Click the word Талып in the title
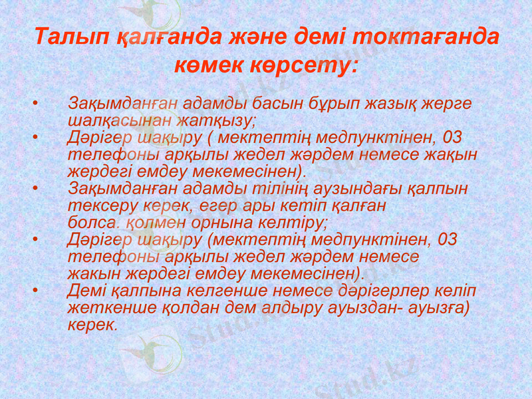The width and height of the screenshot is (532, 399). pos(66,37)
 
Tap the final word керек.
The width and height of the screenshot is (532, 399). pos(92,325)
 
